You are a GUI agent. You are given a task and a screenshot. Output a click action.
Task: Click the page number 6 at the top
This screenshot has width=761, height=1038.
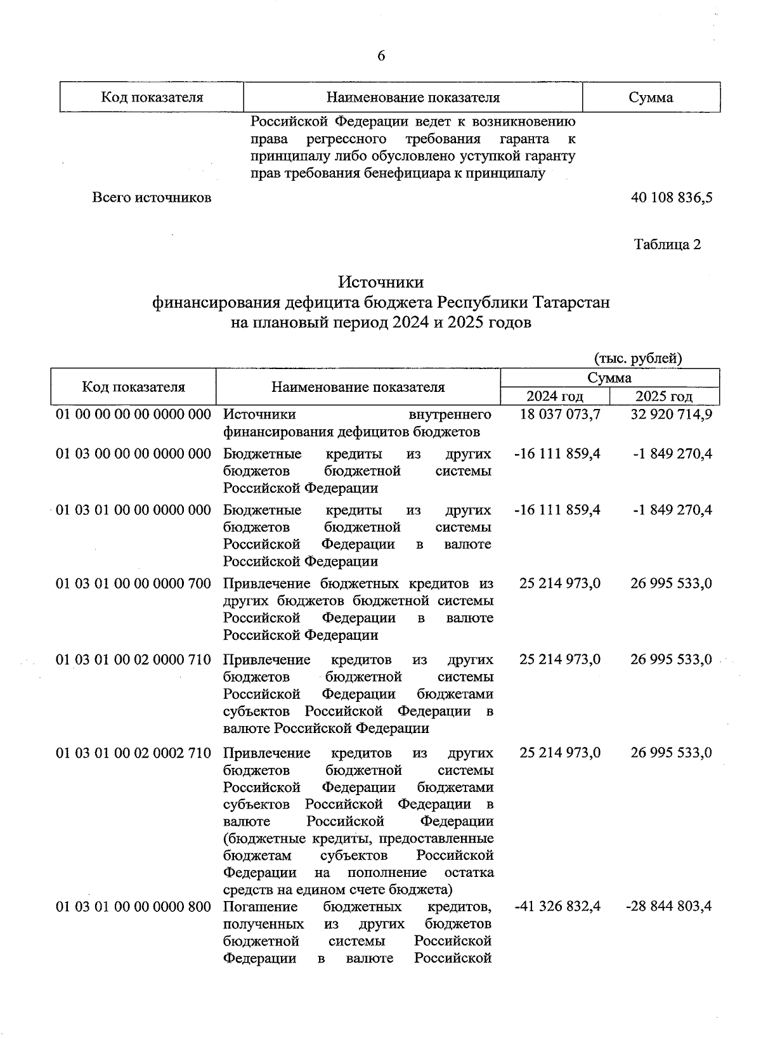(381, 56)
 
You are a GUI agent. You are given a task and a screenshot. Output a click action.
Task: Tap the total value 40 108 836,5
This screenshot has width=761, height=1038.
(672, 197)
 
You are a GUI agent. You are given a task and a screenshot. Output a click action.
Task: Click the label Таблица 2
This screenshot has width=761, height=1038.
(667, 245)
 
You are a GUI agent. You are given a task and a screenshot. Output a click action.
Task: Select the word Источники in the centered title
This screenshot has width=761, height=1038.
(380, 282)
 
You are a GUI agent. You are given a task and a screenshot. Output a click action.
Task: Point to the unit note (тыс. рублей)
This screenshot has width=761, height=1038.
(638, 358)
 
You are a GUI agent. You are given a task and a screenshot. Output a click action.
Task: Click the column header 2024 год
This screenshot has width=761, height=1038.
(555, 396)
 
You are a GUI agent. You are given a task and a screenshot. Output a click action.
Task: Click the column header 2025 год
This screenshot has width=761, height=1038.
(664, 396)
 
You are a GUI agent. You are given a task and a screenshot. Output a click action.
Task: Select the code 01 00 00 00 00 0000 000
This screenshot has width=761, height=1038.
(133, 415)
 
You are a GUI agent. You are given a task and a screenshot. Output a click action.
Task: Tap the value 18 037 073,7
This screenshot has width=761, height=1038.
(560, 415)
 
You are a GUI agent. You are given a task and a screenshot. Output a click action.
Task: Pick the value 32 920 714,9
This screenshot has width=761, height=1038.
(672, 415)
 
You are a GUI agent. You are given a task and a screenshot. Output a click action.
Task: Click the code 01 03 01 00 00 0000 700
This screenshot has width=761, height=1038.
(133, 583)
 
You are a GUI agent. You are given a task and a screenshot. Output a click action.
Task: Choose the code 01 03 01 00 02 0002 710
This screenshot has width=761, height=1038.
(133, 753)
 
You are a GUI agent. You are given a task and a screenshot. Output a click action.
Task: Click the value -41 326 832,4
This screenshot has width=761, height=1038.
(557, 907)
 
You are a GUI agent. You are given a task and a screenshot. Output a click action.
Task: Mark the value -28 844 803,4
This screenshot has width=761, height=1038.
(668, 907)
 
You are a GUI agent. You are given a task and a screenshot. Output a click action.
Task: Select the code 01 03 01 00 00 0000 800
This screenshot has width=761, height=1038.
(133, 907)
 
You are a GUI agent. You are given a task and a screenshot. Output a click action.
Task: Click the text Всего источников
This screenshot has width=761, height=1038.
(152, 197)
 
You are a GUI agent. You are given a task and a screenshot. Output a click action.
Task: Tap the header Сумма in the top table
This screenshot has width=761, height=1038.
(651, 98)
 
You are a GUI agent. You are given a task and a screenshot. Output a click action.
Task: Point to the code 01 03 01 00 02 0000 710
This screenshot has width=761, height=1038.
(133, 660)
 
